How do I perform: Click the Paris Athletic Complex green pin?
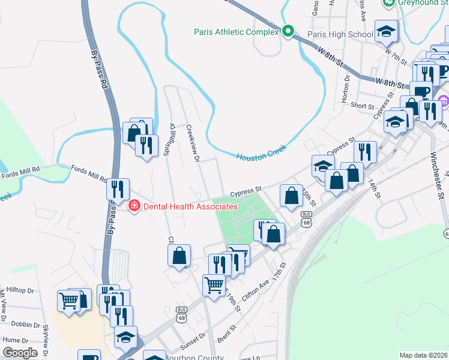[288, 32]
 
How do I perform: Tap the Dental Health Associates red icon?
[134, 206]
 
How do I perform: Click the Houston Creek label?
[261, 153]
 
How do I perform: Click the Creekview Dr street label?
[192, 143]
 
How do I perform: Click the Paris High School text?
[340, 34]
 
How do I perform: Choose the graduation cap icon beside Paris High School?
[387, 31]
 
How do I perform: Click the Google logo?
[20, 353]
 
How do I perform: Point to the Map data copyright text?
[424, 355]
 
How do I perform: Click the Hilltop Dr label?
[22, 290]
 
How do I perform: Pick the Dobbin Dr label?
[25, 324]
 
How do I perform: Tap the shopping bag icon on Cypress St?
[292, 196]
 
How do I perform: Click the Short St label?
[363, 105]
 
